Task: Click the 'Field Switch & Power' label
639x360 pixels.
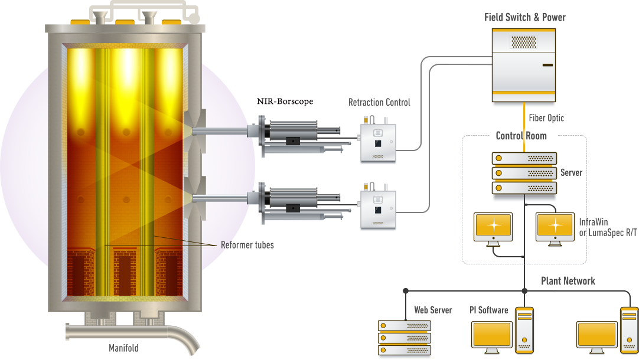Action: [525, 17]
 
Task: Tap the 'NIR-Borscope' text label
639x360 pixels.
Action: [285, 102]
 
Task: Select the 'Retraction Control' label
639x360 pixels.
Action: [379, 102]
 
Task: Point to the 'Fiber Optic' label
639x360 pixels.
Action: [546, 118]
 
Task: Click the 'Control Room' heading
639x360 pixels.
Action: [521, 136]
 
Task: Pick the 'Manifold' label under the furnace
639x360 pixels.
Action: [123, 348]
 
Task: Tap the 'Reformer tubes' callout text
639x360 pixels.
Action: [247, 245]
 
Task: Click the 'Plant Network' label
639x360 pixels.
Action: [568, 281]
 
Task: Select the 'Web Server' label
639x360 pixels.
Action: [433, 310]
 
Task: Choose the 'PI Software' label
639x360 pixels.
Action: [488, 310]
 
